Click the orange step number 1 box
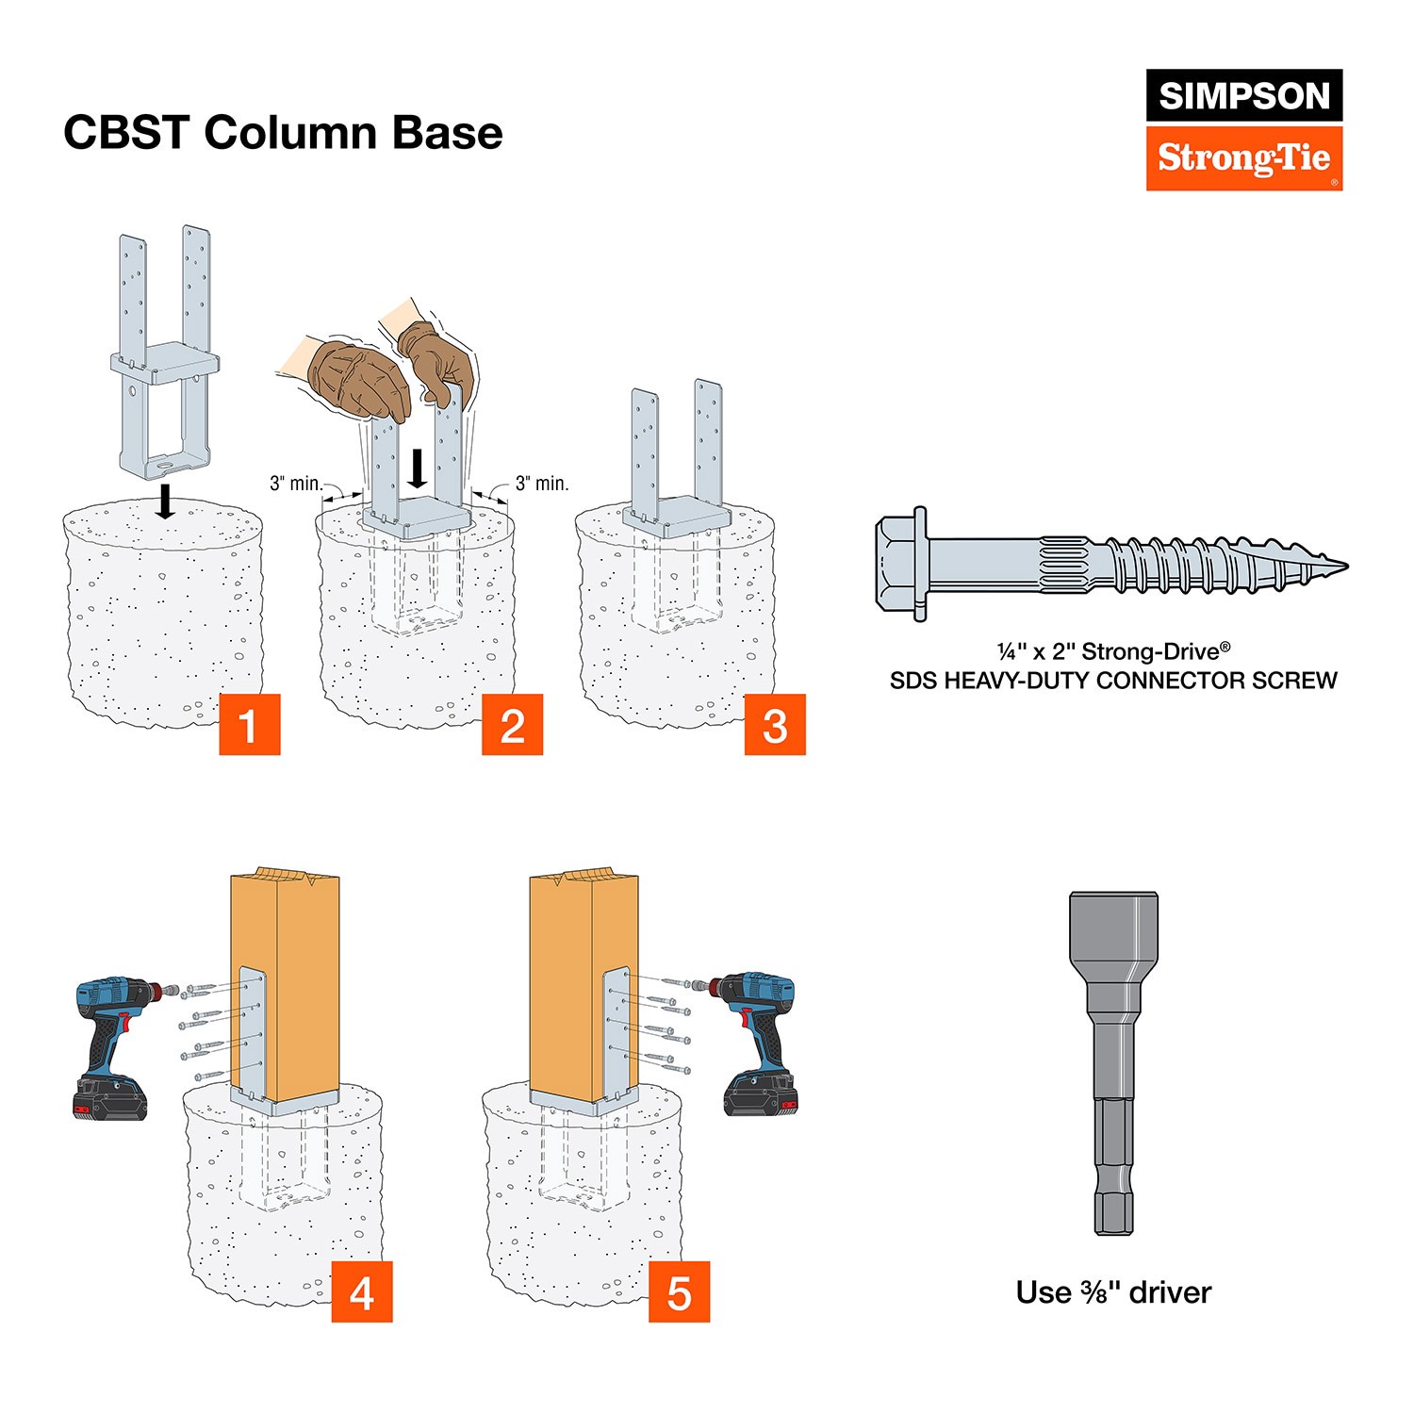tap(249, 725)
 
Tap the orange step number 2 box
tap(512, 725)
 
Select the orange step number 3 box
tap(775, 725)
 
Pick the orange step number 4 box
tap(361, 1292)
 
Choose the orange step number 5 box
tap(679, 1292)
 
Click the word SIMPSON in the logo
tap(1243, 95)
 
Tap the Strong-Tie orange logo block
tap(1243, 158)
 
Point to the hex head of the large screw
tap(901, 566)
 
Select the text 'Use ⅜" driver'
tap(1113, 1292)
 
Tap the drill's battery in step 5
tap(760, 1095)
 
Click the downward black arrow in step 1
tap(165, 501)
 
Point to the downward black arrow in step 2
tap(417, 469)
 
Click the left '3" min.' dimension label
tap(296, 484)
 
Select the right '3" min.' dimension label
tap(542, 484)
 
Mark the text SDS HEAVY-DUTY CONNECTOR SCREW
tap(1113, 681)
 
